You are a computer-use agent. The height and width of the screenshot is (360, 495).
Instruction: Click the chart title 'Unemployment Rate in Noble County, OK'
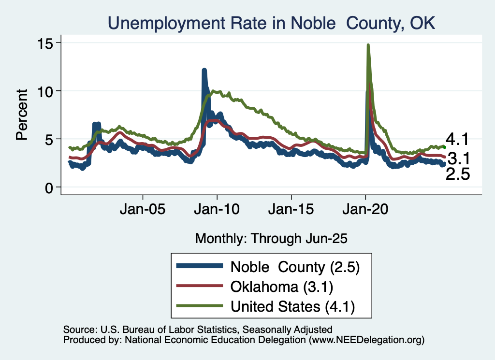click(271, 23)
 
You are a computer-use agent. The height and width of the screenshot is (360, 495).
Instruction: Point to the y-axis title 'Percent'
click(22, 115)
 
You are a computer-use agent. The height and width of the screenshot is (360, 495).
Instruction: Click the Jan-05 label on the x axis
click(143, 210)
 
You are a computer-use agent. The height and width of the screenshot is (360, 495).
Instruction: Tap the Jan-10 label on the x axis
click(217, 210)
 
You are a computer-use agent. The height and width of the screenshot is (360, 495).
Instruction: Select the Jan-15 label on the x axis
click(291, 210)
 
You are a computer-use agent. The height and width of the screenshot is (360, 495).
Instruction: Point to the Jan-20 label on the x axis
click(365, 210)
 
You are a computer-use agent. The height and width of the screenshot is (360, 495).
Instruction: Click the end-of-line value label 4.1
click(457, 140)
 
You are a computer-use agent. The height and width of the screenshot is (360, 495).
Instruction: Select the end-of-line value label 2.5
click(457, 174)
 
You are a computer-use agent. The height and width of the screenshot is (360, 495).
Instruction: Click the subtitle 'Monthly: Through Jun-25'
click(271, 238)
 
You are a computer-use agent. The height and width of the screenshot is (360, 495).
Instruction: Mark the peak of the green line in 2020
click(368, 45)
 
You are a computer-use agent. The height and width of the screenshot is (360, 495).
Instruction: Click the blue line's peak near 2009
click(204, 71)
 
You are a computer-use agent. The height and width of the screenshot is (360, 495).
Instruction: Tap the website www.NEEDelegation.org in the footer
click(368, 340)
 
